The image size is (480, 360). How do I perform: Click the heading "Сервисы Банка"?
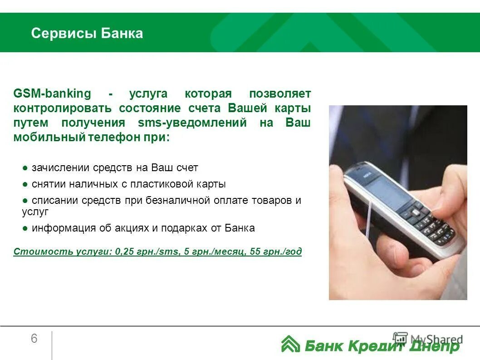(87, 33)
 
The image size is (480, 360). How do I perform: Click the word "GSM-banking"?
(52, 94)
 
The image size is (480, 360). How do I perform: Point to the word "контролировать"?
(63, 108)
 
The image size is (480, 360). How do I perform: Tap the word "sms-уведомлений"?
(192, 123)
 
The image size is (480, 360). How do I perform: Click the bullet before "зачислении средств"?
(25, 168)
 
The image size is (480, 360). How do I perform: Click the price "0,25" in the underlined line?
(125, 252)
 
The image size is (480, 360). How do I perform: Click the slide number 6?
(34, 339)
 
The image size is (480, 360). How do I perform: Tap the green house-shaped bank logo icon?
(290, 344)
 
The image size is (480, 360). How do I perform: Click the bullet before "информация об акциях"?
(25, 228)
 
